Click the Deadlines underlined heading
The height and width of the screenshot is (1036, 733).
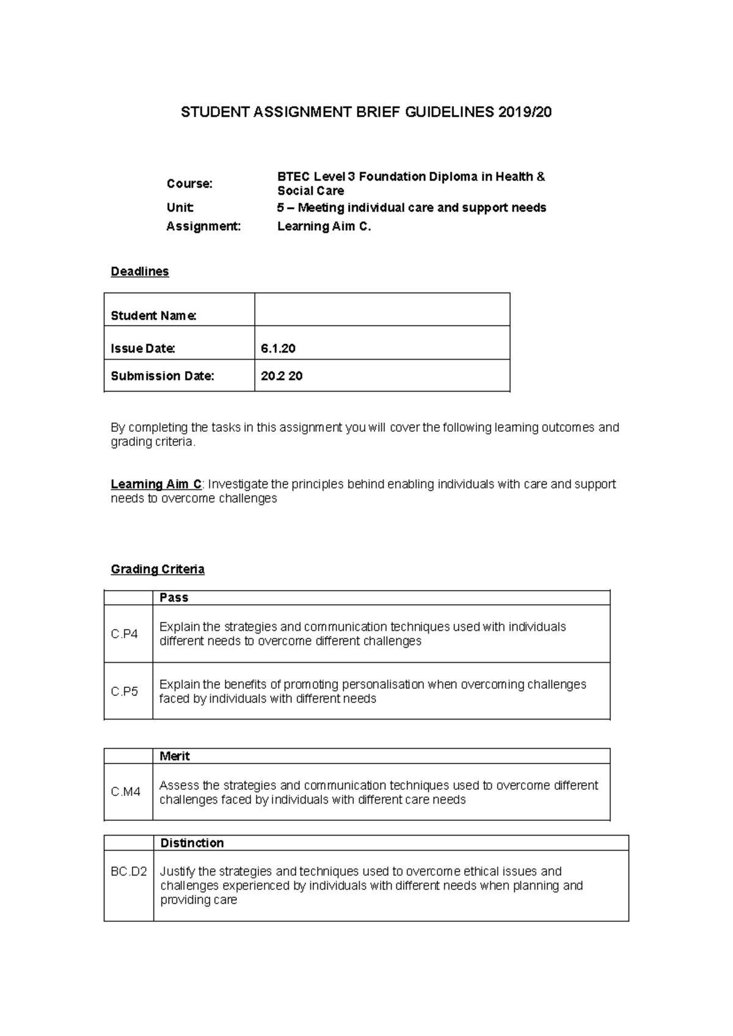(139, 271)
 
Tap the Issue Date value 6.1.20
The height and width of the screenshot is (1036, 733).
(278, 348)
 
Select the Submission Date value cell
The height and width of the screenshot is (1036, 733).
(382, 376)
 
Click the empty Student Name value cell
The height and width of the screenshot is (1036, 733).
(382, 310)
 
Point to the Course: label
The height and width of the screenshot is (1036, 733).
(189, 183)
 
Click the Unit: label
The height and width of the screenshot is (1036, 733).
(180, 208)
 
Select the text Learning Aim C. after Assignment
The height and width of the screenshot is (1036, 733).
(324, 227)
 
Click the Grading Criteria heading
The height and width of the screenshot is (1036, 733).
(158, 569)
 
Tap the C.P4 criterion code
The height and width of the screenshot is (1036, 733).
(124, 634)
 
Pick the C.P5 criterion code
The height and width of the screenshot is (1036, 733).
(124, 691)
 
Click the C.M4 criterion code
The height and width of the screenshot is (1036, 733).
(125, 792)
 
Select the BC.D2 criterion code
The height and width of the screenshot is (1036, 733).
(128, 872)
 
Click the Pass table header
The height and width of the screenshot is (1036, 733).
(173, 597)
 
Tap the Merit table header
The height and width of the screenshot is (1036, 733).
(174, 756)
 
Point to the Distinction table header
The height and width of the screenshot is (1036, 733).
(192, 843)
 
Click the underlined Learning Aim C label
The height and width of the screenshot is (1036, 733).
(156, 484)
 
